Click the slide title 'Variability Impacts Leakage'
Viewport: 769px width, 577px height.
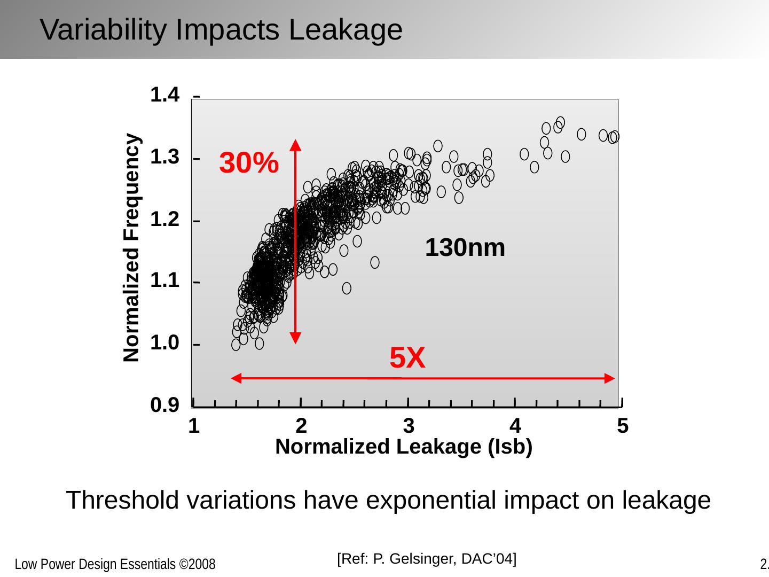(x=221, y=29)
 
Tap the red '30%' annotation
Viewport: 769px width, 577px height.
(x=249, y=163)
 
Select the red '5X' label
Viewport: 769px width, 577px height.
(x=407, y=358)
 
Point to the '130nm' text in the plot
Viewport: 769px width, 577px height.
(x=465, y=248)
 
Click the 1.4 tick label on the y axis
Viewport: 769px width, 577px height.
(x=165, y=95)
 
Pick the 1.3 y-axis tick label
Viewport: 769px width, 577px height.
(x=165, y=157)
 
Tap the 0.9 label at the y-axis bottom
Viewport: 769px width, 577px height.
(x=165, y=407)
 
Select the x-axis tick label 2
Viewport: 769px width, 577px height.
(x=301, y=426)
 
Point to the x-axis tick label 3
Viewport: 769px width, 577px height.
(x=409, y=426)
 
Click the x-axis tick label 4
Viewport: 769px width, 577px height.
(x=515, y=426)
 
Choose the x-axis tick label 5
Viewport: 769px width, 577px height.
(x=622, y=426)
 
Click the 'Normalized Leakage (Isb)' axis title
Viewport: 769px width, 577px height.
(x=404, y=447)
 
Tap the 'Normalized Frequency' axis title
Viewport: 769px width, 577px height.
(x=132, y=248)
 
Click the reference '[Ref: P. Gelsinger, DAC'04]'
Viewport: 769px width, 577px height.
(x=427, y=559)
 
